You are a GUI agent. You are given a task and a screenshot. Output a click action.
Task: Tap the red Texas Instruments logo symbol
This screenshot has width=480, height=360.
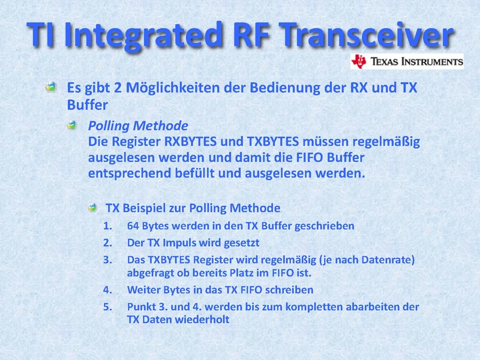pos(359,61)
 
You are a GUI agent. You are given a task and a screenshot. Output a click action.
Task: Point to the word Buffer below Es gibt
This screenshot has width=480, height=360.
pos(87,105)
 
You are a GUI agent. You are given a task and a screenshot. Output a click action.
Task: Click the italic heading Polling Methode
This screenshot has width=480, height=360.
pos(138,125)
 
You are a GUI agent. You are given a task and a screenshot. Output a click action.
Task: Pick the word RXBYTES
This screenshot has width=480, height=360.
pos(190,142)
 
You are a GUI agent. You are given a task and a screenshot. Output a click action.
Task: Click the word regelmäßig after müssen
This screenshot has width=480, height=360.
pos(386,142)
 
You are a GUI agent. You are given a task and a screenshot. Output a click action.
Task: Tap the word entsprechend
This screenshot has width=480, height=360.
pos(130,173)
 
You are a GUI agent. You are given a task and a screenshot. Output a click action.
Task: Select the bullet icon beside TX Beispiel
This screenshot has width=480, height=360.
pos(92,208)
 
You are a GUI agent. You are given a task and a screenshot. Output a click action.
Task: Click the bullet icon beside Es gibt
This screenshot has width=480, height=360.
pos(51,87)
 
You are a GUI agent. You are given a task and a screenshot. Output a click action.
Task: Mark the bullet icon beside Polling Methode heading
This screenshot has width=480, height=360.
pos(72,125)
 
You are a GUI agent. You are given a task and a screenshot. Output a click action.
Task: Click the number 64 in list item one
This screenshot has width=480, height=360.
pos(133,226)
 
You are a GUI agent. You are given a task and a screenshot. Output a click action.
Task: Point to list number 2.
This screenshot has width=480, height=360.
pos(107,243)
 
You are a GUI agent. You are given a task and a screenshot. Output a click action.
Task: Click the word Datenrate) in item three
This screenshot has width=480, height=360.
pos(388,260)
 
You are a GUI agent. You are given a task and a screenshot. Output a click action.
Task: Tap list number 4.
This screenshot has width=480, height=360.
pos(107,290)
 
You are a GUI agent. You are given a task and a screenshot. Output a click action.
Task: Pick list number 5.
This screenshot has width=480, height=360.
pos(107,307)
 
